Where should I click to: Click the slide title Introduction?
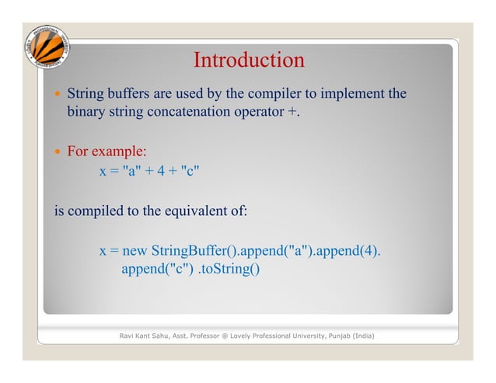[248, 60]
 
